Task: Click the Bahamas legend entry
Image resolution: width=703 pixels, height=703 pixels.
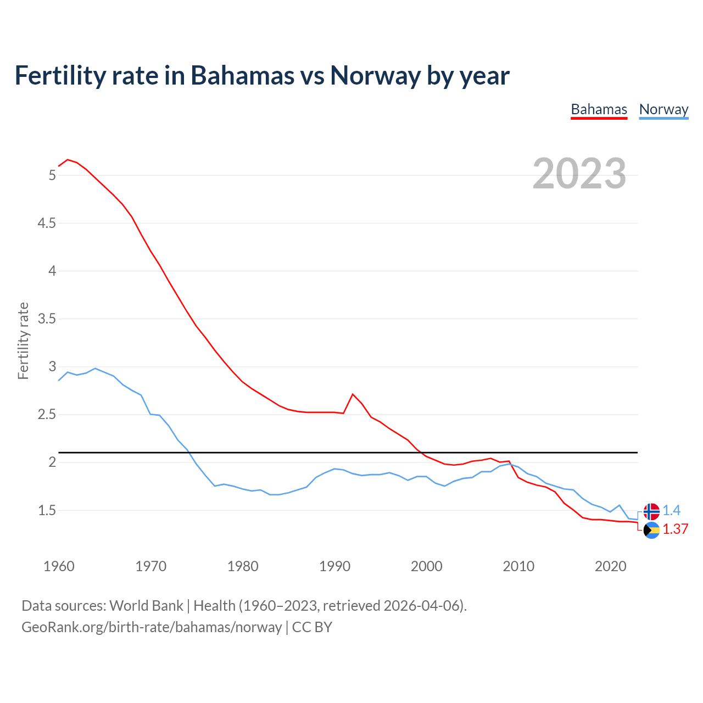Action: (599, 109)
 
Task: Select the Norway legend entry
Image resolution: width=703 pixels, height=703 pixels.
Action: (663, 109)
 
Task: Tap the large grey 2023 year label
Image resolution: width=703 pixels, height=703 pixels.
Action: (579, 174)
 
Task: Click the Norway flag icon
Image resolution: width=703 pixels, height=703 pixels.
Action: (651, 511)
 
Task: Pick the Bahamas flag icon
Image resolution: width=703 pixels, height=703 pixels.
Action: (651, 530)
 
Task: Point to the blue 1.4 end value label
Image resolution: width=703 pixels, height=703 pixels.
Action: (671, 511)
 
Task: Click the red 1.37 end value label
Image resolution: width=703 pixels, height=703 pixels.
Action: (675, 529)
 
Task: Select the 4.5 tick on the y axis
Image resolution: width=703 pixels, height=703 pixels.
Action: (47, 223)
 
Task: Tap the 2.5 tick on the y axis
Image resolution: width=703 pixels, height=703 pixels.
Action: (47, 415)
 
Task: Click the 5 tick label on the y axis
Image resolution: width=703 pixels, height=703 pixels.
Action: (52, 175)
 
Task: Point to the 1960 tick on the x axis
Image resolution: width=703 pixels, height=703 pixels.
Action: (59, 566)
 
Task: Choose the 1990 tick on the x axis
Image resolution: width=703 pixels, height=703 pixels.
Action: (334, 566)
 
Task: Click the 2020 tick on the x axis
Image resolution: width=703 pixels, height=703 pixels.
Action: (610, 566)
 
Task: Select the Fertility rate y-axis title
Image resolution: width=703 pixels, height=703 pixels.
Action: (23, 341)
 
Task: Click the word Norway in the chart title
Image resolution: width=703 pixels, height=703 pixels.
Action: (375, 75)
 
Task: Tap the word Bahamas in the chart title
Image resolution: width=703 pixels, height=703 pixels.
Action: (243, 75)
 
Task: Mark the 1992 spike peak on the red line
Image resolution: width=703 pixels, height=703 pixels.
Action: (353, 394)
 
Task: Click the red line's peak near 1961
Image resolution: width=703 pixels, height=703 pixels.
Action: (68, 160)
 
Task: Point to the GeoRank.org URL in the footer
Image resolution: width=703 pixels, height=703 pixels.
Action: (152, 627)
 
